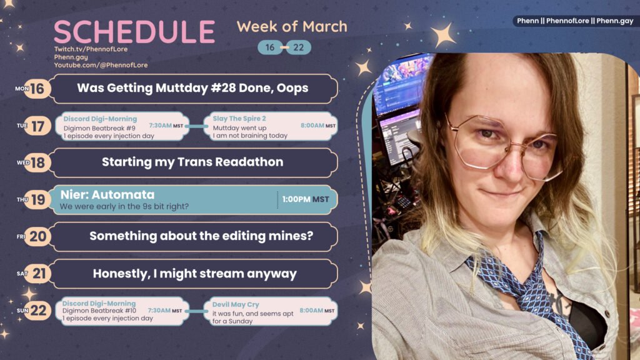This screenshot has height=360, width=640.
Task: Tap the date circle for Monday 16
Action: point(38,89)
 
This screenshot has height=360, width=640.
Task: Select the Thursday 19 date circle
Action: point(38,200)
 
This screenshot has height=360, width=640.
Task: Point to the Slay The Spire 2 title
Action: point(239,118)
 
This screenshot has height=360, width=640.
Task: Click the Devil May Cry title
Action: point(236,304)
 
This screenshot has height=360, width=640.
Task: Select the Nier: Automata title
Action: point(107,195)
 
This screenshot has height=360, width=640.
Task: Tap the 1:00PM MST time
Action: point(305,199)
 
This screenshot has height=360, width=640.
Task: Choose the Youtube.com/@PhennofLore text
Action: point(101,65)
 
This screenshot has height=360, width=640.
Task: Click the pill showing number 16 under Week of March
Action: point(270,47)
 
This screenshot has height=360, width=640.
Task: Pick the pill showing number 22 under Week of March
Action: point(299,47)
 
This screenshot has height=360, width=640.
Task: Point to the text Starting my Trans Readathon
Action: point(192,162)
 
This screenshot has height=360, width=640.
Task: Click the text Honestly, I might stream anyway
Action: point(194,274)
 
